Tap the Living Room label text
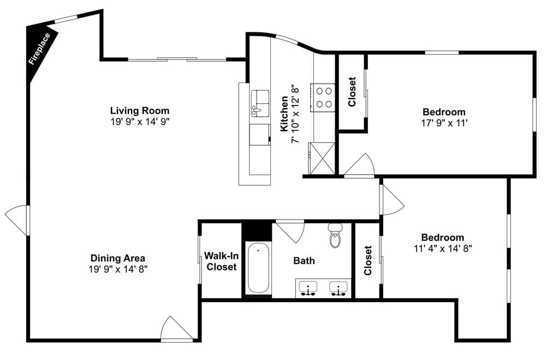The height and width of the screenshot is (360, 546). coord(140,110)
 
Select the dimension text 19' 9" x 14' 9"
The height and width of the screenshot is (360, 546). coord(140,122)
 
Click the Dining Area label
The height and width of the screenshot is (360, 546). coord(118,258)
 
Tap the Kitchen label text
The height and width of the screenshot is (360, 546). coord(284,114)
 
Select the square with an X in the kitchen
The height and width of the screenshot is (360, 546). coord(322,158)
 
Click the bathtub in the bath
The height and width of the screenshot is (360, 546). coord(258,269)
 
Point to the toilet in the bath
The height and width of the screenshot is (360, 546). coord(335,236)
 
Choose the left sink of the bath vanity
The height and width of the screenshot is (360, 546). coord(310,287)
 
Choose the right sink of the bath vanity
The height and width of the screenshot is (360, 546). coord(339,287)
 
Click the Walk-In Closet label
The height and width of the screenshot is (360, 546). coord(221,261)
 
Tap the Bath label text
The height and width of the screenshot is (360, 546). coord(304,261)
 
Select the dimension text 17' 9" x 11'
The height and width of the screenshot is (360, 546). coord(443,123)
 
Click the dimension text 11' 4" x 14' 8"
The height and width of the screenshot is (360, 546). coord(443,248)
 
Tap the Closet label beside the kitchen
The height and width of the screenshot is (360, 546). coord(352,91)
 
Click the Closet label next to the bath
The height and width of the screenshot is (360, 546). coord(368,261)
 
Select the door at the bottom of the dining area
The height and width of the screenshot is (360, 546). coord(176,329)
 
